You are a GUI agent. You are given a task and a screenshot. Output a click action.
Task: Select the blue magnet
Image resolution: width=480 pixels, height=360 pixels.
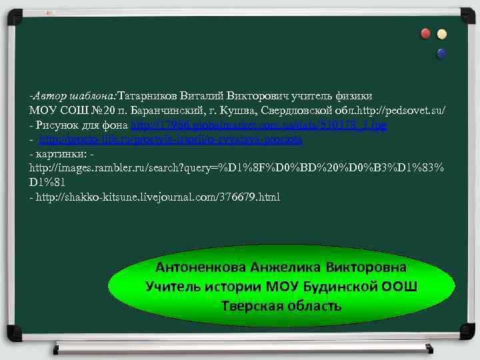(x=441, y=52)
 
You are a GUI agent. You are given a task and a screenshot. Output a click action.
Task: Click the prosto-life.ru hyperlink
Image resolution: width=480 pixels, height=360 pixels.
(x=171, y=139)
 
